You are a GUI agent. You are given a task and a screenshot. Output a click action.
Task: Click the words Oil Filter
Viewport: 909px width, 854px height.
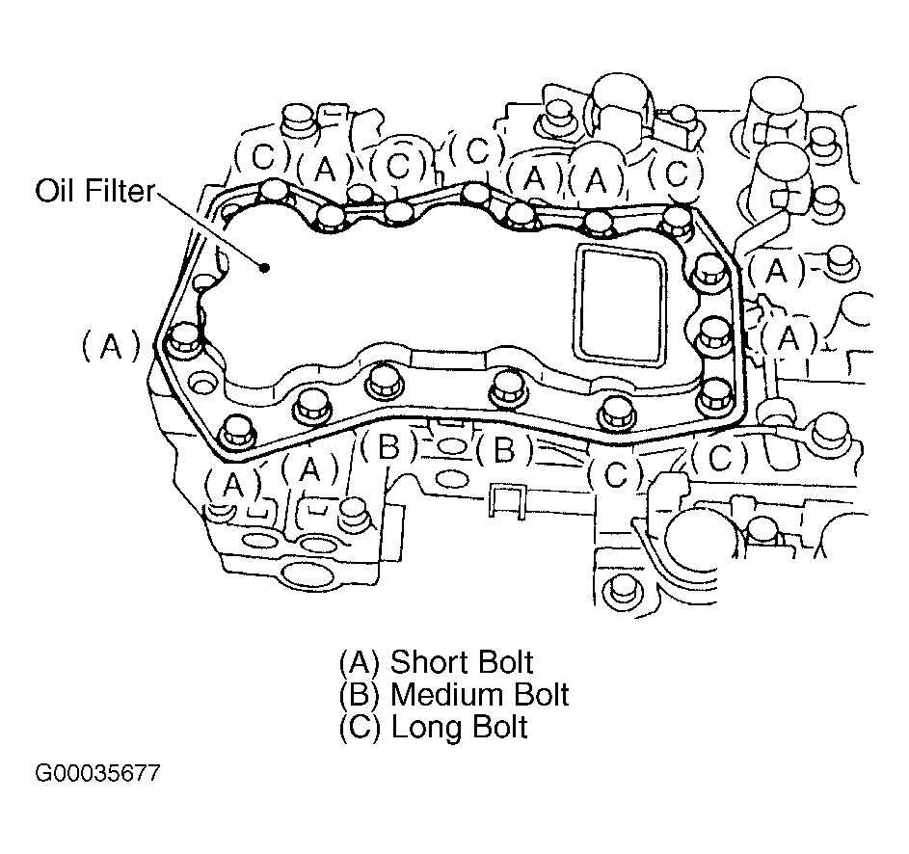click(x=95, y=191)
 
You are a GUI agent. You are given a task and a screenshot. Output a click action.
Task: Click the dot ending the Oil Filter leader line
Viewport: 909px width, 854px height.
click(x=264, y=267)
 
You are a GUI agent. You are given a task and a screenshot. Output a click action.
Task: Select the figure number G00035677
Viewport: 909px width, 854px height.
click(x=96, y=773)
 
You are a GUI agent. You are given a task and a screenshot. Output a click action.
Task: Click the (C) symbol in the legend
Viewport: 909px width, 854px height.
click(x=360, y=728)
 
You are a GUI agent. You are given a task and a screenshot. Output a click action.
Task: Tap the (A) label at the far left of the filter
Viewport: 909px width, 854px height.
click(x=110, y=346)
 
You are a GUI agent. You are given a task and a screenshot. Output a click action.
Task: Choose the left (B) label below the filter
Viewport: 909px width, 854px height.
click(x=388, y=447)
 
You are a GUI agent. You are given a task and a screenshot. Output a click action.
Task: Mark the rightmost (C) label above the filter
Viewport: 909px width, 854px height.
click(x=676, y=173)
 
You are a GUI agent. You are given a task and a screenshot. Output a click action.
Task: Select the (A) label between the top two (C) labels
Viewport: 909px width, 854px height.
click(x=325, y=169)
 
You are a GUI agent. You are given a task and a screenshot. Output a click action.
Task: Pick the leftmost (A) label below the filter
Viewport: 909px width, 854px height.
click(x=232, y=485)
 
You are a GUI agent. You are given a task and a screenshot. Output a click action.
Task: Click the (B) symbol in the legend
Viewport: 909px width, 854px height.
click(x=360, y=695)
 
